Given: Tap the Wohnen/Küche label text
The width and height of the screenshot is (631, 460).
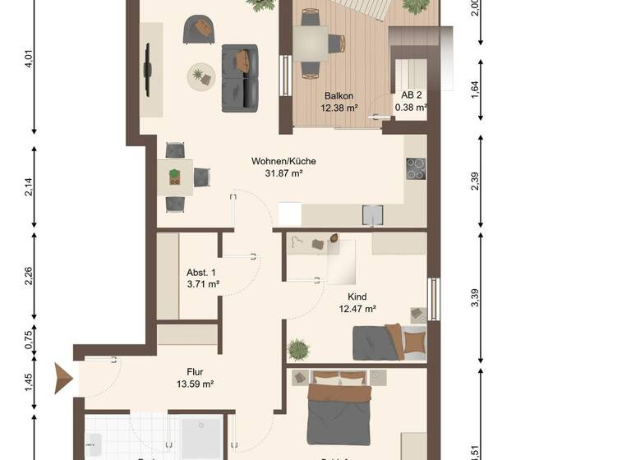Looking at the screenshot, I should click(x=283, y=161).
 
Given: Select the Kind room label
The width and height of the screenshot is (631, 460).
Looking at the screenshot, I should click(x=357, y=297).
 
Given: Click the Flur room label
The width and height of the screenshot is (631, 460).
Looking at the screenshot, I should click(x=195, y=370).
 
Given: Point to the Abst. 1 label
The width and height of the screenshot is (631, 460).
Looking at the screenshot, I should click(x=201, y=273).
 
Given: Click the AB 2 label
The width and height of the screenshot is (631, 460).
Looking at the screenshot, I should click(x=410, y=94).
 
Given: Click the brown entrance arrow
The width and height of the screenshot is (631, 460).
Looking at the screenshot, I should click(x=63, y=379).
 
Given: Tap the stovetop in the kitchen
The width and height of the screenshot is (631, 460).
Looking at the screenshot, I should click(x=416, y=168).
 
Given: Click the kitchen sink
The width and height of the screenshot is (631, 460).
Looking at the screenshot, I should click(x=374, y=214).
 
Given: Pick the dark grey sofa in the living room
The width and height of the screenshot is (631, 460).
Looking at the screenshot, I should click(x=240, y=78).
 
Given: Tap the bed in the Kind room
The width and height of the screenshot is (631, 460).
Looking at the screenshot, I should click(x=390, y=343).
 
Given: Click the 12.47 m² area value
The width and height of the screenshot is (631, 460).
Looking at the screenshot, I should click(x=357, y=309).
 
